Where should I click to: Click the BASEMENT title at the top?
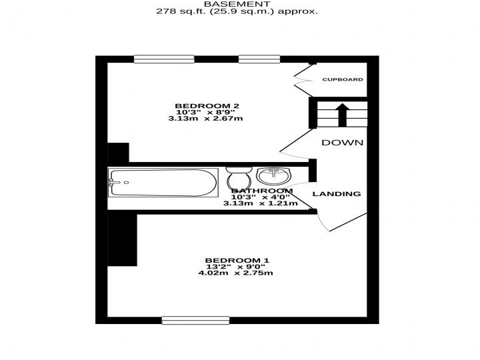point(237,4)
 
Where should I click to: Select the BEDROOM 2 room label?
point(207,106)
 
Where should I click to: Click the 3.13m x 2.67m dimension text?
point(205,119)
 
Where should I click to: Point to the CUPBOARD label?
point(343,79)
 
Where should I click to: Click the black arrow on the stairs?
point(343,115)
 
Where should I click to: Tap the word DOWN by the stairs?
point(342,143)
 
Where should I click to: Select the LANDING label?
point(337,194)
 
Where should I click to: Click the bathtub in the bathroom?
point(163,183)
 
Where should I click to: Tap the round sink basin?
point(273,176)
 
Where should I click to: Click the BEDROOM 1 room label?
point(237,261)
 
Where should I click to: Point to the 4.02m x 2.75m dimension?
point(236,273)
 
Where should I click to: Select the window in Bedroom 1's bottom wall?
point(195,320)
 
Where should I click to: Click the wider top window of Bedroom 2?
point(164,59)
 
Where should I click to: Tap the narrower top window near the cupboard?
point(259,59)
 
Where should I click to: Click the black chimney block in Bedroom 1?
point(122,238)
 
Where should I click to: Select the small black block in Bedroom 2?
point(118,153)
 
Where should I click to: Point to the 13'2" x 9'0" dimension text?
point(236,267)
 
